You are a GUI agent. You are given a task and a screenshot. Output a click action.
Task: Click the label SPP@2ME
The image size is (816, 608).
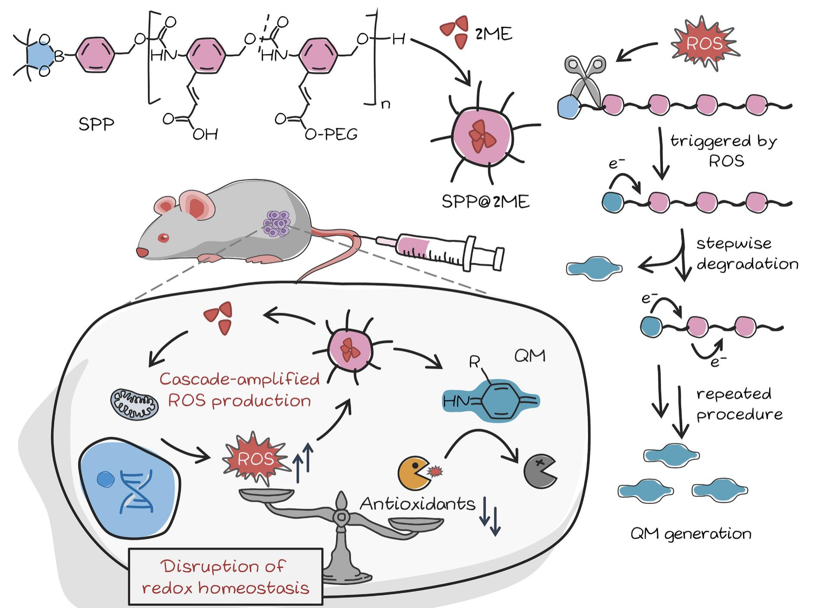[485, 201]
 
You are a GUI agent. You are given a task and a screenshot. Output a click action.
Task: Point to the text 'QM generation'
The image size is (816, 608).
[691, 533]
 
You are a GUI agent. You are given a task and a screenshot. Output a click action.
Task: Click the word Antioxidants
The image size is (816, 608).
[417, 504]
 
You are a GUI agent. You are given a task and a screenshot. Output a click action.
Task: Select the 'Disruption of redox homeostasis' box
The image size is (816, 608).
[226, 577]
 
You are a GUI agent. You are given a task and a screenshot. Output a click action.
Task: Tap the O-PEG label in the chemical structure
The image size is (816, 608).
[331, 134]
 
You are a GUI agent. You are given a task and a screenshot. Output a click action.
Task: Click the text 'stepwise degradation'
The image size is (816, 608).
[746, 254]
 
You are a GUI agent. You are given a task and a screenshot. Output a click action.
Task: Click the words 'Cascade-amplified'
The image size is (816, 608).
[239, 379]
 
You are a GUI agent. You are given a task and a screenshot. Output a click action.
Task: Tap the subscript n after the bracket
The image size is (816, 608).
[385, 104]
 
